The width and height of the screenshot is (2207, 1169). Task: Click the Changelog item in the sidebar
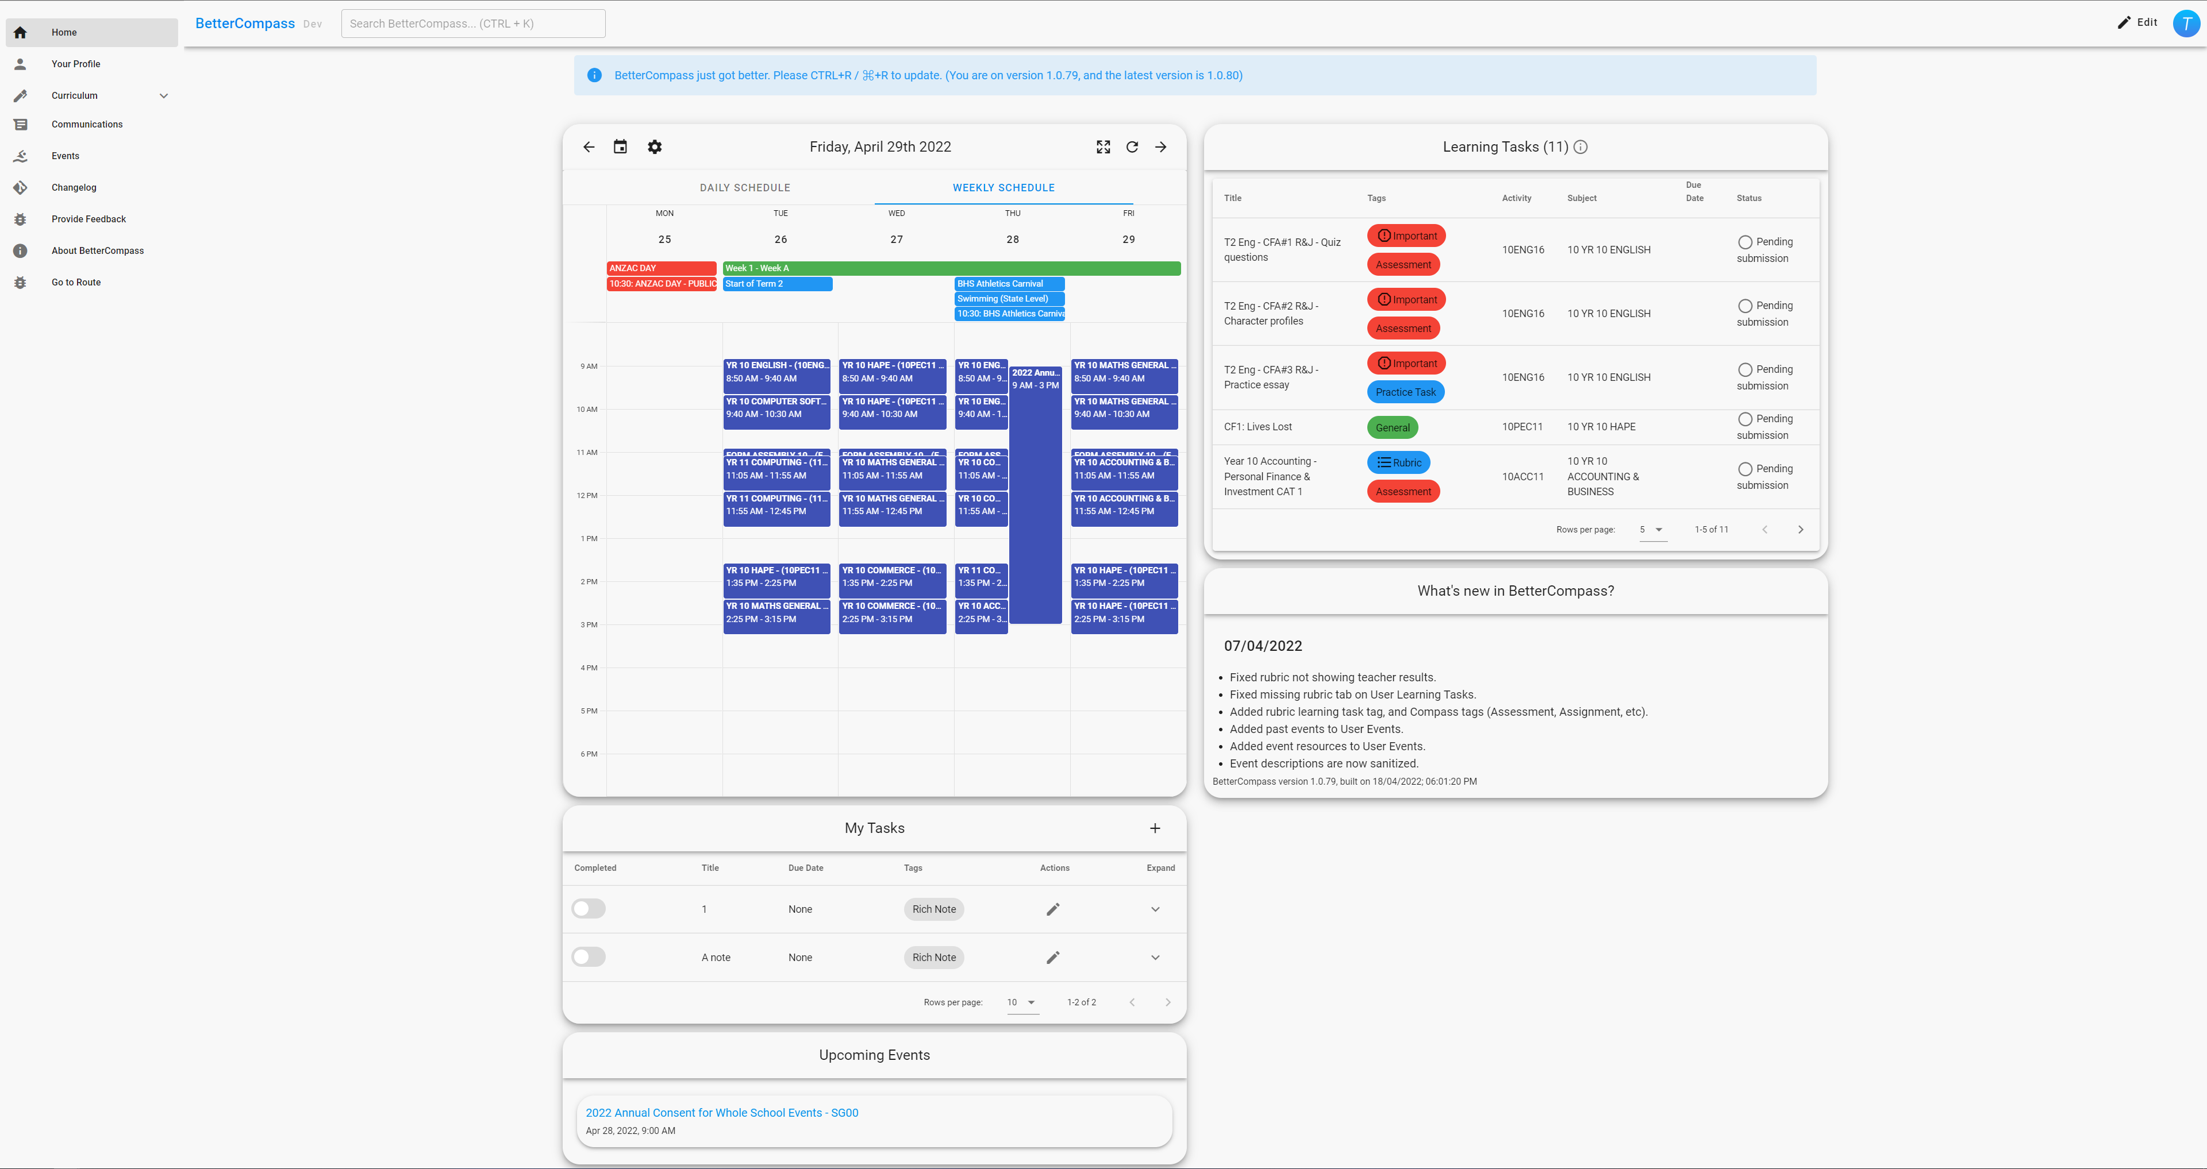[74, 187]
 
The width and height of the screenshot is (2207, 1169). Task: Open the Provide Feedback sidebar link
[89, 219]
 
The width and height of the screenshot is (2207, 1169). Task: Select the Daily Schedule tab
[744, 187]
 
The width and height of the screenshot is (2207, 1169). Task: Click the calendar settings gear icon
[655, 147]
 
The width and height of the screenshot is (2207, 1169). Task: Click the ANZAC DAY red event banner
[660, 268]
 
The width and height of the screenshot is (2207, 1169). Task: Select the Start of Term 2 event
[777, 283]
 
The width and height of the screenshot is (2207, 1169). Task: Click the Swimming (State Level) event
[1009, 299]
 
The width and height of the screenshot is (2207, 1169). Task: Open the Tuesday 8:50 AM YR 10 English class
[776, 372]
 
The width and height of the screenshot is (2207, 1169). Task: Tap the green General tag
[1392, 427]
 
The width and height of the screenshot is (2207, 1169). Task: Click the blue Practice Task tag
[1405, 392]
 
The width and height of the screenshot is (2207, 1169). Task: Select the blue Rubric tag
[1398, 462]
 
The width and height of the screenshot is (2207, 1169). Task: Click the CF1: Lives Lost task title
[1258, 426]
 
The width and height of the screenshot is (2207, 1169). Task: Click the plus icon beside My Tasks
[1155, 828]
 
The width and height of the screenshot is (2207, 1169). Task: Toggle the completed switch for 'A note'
[589, 956]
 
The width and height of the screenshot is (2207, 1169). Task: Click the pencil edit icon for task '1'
[1053, 909]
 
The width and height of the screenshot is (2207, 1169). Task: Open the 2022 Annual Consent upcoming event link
[721, 1113]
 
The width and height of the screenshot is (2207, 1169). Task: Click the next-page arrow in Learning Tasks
[1800, 529]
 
